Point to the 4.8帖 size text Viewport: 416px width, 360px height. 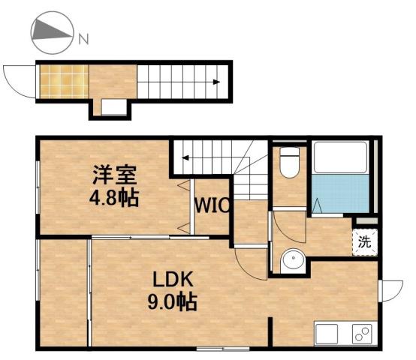click(114, 199)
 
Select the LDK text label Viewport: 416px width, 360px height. click(174, 280)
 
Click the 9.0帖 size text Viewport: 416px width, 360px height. click(174, 302)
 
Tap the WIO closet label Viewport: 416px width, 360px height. click(213, 205)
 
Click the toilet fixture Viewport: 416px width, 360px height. click(288, 161)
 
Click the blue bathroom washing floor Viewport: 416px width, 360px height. click(340, 193)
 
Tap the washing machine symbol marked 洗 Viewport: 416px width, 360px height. click(363, 241)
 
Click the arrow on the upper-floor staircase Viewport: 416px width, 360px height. click(184, 157)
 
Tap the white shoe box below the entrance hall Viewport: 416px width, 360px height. click(113, 107)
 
